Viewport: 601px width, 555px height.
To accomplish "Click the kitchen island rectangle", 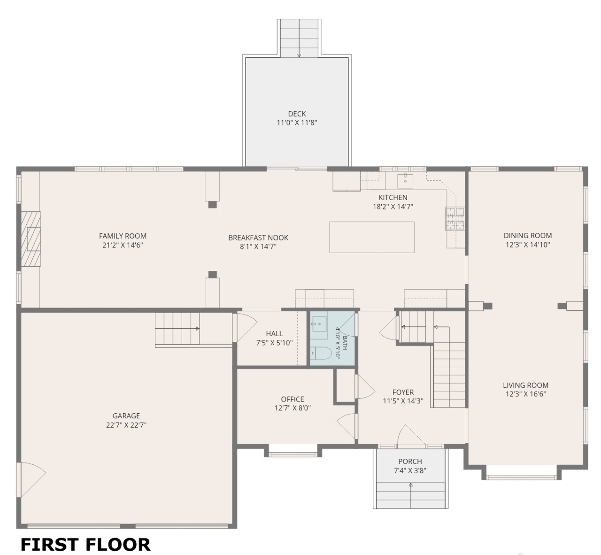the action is tap(371, 237).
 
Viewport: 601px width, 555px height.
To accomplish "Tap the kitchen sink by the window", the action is tap(405, 181).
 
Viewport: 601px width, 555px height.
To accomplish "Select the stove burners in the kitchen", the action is tap(455, 218).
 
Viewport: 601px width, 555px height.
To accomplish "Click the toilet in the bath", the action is tap(321, 353).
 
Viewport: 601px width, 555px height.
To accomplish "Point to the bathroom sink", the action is tap(319, 324).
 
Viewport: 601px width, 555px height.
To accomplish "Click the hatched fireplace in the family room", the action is tap(31, 239).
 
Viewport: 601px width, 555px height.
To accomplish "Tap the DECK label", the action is tap(297, 114).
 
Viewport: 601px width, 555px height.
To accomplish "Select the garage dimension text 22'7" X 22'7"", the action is tap(126, 425).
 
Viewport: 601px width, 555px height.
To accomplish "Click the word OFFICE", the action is tap(293, 399).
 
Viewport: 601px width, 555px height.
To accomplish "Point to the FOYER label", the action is tap(403, 392).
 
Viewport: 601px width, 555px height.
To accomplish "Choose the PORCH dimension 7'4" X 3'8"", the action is tap(410, 470).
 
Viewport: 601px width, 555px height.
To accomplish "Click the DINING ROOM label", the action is tap(528, 236).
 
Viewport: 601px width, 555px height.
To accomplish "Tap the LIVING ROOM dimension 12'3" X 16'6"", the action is tap(526, 394).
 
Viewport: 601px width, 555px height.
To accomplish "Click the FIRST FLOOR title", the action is tap(85, 544).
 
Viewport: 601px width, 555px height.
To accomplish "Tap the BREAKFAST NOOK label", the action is tap(258, 238).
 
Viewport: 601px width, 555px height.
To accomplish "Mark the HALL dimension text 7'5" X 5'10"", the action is tap(275, 343).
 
